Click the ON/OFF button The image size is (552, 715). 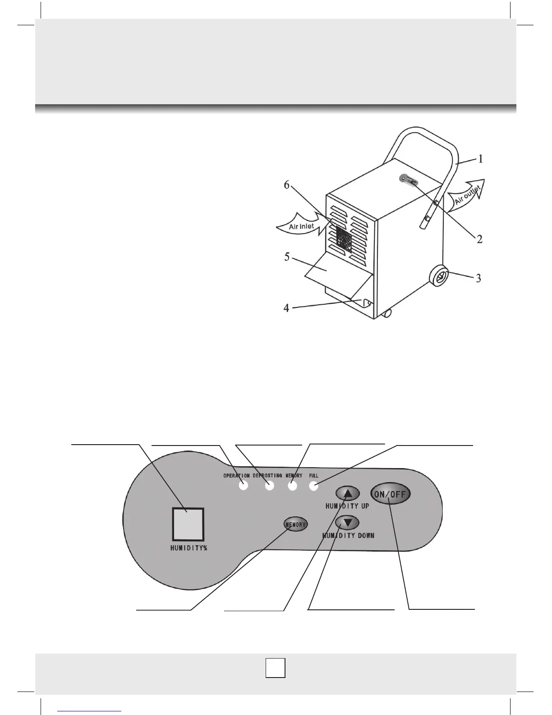tap(391, 494)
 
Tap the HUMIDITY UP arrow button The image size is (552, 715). tap(348, 494)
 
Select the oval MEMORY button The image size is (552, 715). tap(295, 525)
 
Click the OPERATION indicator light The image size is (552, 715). tap(244, 486)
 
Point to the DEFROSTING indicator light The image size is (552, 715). tap(270, 486)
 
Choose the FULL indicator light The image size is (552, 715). tap(314, 486)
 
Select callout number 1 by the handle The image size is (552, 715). tap(481, 159)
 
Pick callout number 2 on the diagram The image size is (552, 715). tap(480, 239)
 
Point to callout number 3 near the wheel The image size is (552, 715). tap(478, 278)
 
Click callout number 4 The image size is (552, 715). tap(286, 308)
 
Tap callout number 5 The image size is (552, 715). tap(287, 257)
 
